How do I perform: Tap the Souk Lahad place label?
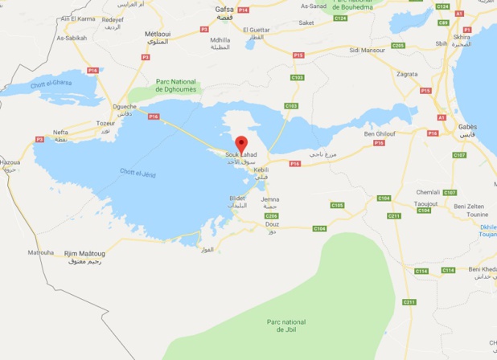click(x=241, y=154)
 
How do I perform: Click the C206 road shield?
click(x=272, y=215)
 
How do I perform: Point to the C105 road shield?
click(x=339, y=205)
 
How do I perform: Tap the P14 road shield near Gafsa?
click(x=244, y=10)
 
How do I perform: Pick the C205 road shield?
click(x=398, y=46)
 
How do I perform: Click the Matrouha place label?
click(x=40, y=252)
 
